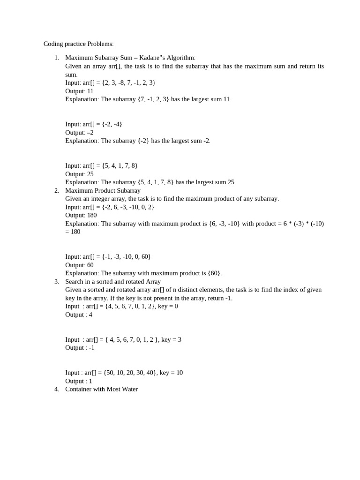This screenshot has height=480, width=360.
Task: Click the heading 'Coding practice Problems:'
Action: point(78,44)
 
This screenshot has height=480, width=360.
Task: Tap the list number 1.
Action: point(57,58)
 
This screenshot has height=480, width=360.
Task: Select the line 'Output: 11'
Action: point(79,91)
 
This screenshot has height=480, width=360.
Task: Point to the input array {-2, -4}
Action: point(112,124)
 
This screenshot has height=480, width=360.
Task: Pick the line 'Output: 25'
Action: point(79,174)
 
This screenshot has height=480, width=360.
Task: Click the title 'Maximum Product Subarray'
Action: point(103,190)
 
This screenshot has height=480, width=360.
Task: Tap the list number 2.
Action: point(57,190)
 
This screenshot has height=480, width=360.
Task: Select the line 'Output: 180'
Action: point(81,215)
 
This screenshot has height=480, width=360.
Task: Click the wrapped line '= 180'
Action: point(73,232)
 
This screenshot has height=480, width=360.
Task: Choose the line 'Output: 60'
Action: point(79,265)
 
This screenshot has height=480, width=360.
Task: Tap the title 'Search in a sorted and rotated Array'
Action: point(113,281)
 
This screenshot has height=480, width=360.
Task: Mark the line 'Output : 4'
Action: point(79,315)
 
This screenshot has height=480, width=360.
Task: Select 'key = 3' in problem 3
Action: point(171,339)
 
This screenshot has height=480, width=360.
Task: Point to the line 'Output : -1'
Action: point(80,348)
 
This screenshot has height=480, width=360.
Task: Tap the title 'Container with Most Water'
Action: point(101,389)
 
